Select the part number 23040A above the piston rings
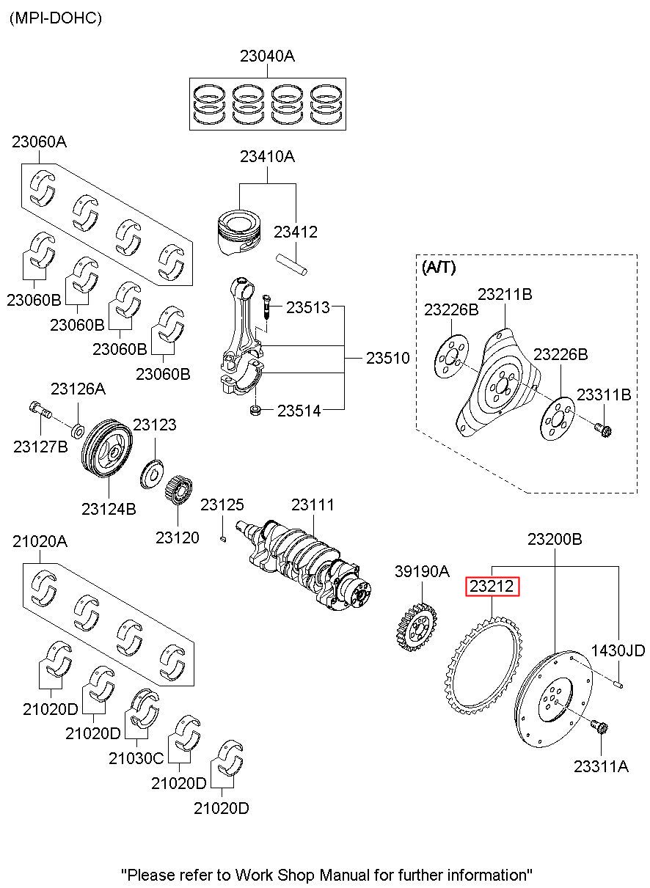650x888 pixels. click(x=266, y=56)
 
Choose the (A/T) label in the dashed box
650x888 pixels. click(x=439, y=268)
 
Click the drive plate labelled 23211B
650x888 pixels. click(x=499, y=381)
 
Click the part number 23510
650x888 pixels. click(x=387, y=359)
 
